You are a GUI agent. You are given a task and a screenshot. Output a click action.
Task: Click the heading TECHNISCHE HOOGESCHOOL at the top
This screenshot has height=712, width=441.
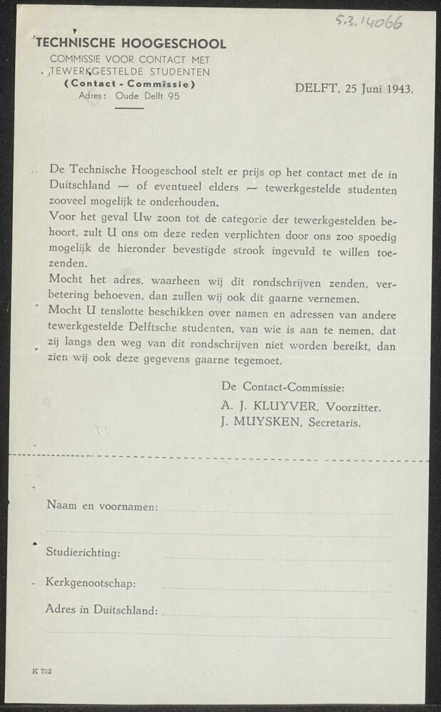(x=132, y=44)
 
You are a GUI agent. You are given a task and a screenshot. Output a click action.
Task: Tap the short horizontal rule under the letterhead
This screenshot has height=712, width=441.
(x=129, y=108)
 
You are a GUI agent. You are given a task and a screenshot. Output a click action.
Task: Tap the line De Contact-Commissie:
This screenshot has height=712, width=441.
(x=283, y=388)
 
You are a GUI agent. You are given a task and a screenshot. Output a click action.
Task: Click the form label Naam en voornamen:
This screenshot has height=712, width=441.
(x=102, y=506)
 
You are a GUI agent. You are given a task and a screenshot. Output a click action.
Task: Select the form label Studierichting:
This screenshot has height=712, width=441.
(x=83, y=552)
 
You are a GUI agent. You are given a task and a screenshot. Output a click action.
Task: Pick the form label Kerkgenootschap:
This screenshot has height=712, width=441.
(x=90, y=584)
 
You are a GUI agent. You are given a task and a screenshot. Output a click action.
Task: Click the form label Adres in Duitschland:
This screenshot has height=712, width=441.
(x=101, y=610)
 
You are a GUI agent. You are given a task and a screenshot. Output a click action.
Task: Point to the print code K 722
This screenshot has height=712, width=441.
(x=41, y=671)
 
